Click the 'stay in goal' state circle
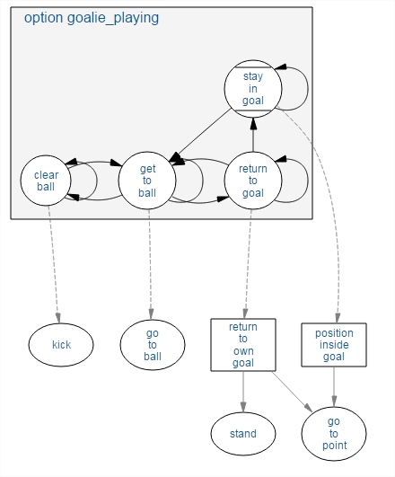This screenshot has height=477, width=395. tap(253, 89)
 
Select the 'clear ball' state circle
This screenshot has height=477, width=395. tap(46, 181)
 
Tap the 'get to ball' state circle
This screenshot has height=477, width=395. tap(147, 181)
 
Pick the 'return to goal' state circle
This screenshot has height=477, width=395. tap(253, 181)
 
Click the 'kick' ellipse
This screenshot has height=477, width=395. tap(61, 345)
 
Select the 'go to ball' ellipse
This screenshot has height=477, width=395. tap(153, 345)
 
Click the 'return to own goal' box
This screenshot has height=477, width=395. tap(243, 345)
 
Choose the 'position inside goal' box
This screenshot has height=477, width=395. tap(334, 345)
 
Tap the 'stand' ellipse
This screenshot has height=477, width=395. tap(243, 434)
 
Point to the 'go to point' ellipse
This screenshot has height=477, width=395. tap(334, 434)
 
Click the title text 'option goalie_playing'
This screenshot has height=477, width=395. tap(92, 18)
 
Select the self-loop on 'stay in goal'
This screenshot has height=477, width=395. tap(308, 89)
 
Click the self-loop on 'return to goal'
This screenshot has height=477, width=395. tap(308, 181)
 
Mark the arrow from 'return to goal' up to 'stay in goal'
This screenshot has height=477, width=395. tap(253, 135)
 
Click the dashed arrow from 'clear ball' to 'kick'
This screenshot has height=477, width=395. tap(54, 264)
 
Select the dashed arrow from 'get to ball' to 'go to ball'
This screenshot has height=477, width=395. tap(150, 264)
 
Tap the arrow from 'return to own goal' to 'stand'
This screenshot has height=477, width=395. tap(243, 392)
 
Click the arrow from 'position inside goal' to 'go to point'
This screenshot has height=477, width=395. tap(334, 387)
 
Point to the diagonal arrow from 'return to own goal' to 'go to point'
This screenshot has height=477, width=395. tap(292, 392)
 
